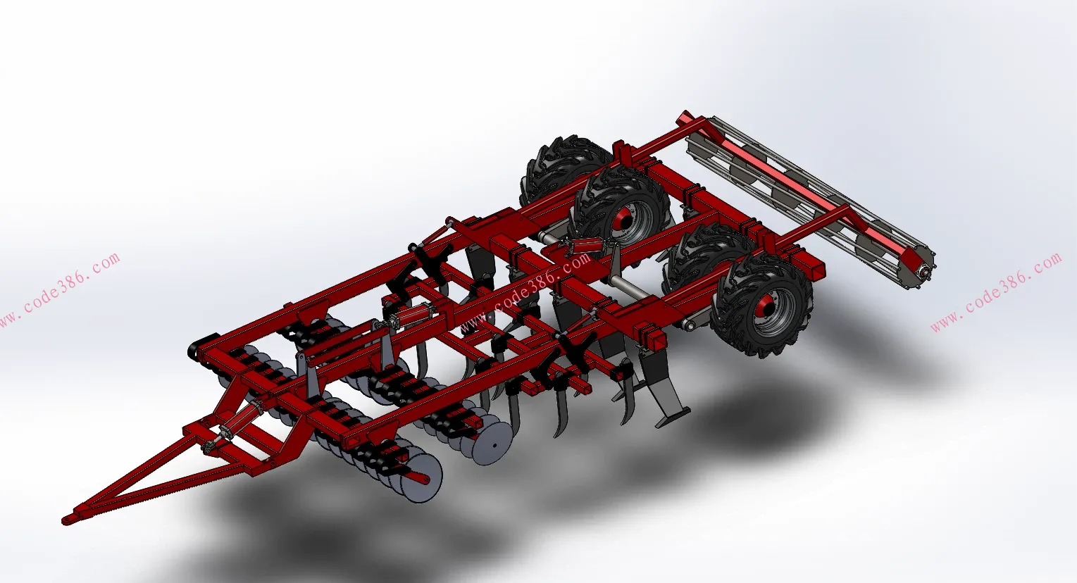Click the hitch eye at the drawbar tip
68,520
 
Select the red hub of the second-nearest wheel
625,218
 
